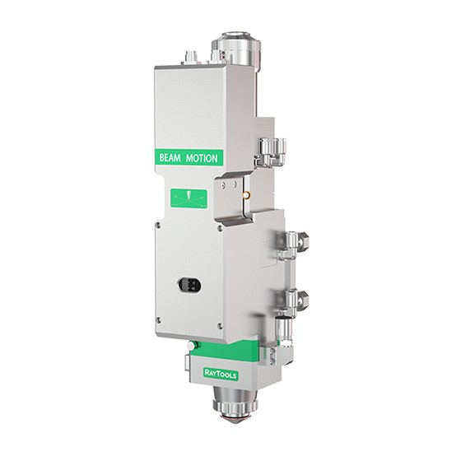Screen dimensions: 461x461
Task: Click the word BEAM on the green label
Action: click(170, 157)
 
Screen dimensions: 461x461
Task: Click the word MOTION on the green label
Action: click(202, 158)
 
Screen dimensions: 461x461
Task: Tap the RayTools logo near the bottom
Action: click(221, 374)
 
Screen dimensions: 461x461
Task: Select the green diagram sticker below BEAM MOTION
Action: click(189, 198)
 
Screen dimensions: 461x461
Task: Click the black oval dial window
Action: click(189, 285)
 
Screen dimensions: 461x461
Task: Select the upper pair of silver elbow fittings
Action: click(271, 151)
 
